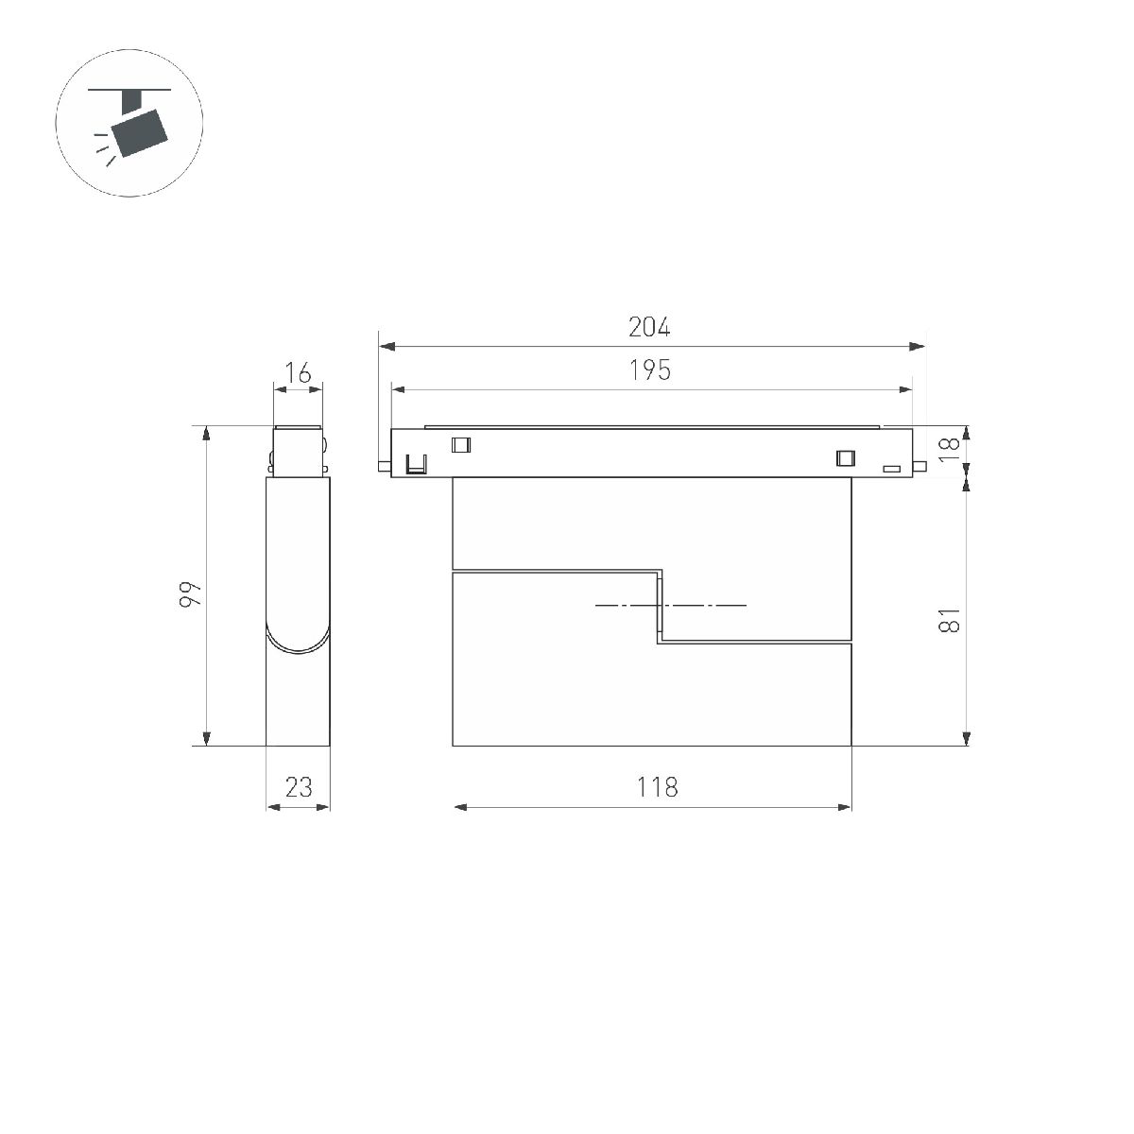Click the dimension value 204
[649, 327]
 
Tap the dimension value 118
[657, 786]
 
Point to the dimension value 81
[950, 620]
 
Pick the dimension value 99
[192, 593]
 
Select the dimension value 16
[298, 373]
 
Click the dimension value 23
[299, 786]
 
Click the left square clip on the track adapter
[461, 445]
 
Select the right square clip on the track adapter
[845, 458]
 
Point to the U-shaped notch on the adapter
[416, 465]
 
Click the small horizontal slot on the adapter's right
[890, 468]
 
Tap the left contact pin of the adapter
[383, 465]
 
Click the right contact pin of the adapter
[920, 464]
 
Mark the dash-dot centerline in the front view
[671, 605]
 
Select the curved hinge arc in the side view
[298, 643]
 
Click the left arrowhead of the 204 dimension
[386, 347]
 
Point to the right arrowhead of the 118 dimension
[844, 807]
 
